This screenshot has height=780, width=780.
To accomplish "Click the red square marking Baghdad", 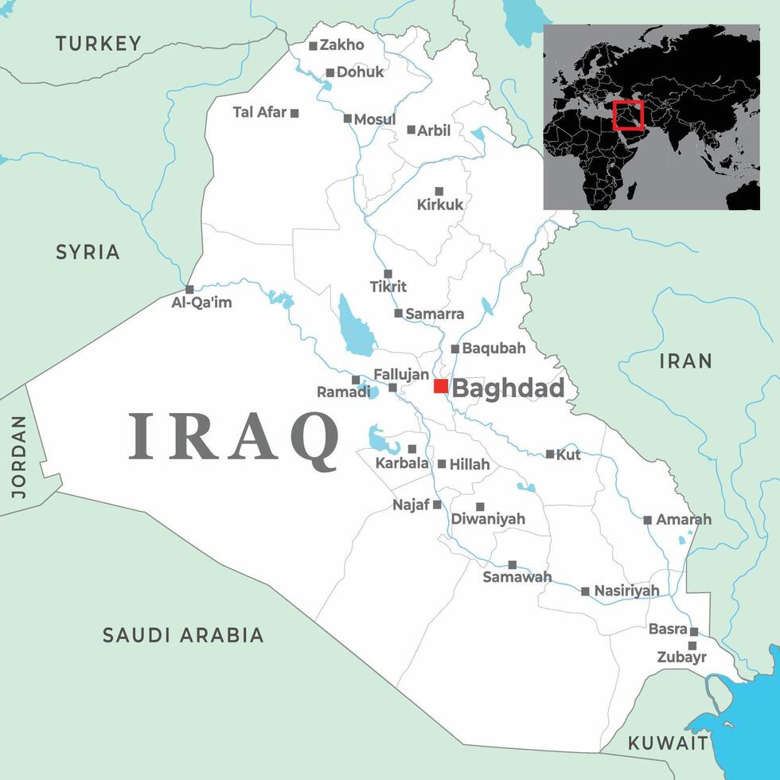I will point(441,386).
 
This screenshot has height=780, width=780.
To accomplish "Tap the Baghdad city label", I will point(508,389).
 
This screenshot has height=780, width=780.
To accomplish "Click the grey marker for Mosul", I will point(348,119).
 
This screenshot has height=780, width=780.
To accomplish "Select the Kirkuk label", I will point(440,205).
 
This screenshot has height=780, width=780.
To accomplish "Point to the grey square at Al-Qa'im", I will point(189,290).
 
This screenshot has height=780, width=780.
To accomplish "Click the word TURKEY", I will point(98,44).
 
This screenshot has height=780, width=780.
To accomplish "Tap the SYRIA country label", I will point(88,252).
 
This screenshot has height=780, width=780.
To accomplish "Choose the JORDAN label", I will point(18,457).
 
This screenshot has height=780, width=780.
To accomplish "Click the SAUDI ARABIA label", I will point(183,635).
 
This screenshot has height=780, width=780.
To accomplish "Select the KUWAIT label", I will point(668,743).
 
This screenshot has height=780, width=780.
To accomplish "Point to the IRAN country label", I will point(685,361).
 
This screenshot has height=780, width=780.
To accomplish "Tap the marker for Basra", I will point(694,631).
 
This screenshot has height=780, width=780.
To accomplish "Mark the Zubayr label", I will point(681,657).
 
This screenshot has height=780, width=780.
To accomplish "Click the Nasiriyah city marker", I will point(586,591).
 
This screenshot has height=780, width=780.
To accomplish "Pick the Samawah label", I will point(517,577).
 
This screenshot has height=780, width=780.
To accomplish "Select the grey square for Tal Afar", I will point(294,113).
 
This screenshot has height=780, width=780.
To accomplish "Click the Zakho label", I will point(341,45).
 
